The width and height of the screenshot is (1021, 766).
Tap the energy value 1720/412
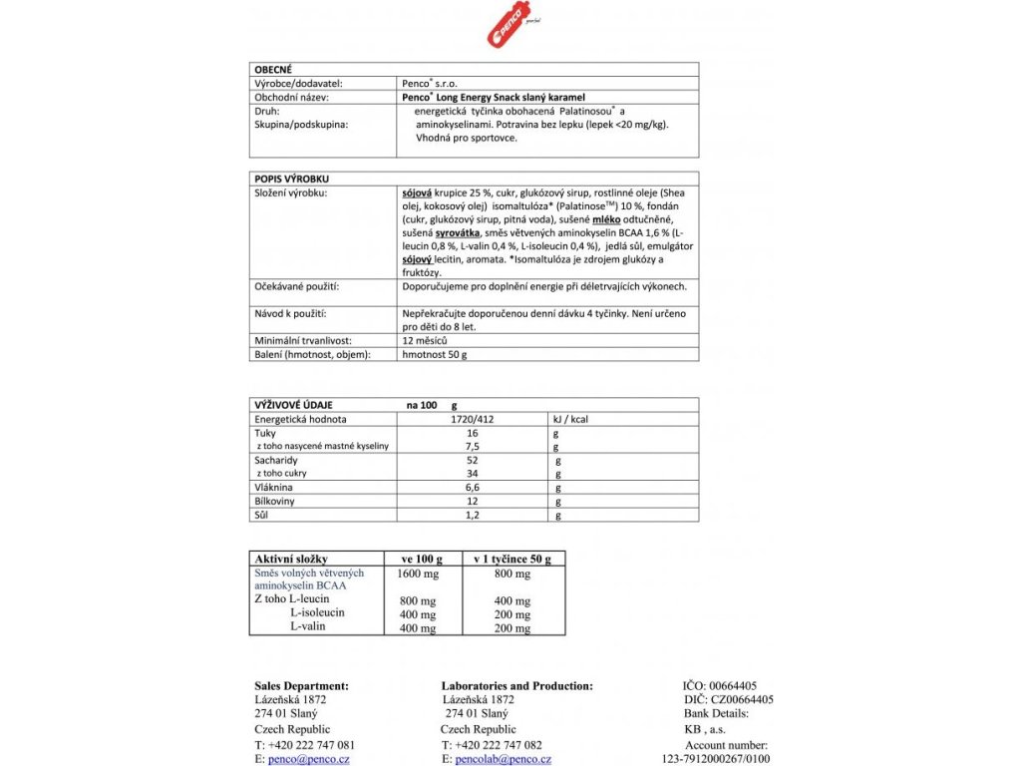pos(473,419)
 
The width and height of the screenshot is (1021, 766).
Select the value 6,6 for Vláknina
pos(473,488)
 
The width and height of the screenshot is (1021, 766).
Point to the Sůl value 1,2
pos(473,515)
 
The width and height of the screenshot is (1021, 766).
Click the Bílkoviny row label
pos(278,502)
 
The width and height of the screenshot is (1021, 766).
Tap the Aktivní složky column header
pos(291,559)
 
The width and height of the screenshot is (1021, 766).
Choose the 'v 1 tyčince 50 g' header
pos(512,559)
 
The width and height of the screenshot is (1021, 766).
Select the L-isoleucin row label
pos(317,612)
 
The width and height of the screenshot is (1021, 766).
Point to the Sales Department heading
pos(302,685)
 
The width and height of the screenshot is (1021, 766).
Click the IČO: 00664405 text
pos(720,685)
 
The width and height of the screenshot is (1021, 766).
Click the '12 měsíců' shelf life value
pos(426,340)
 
